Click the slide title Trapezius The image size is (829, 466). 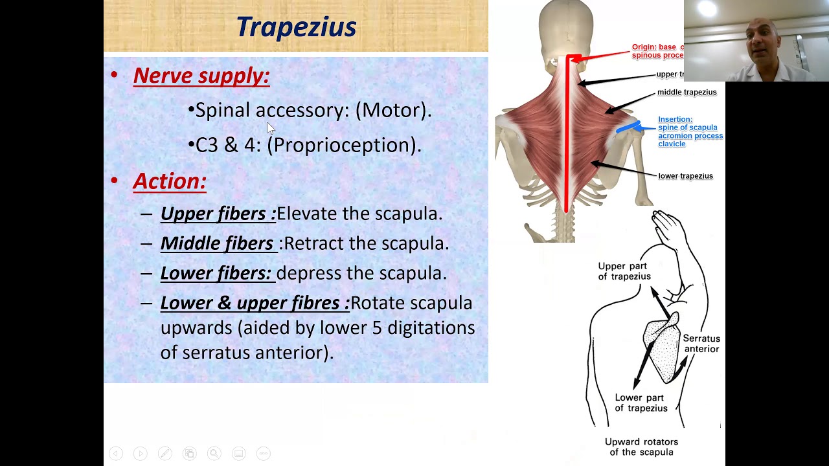(x=296, y=27)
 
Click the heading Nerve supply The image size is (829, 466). (x=201, y=76)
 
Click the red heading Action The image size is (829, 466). (x=170, y=181)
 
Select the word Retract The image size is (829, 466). (x=314, y=243)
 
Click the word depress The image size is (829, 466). (x=309, y=273)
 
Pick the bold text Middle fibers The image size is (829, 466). (x=217, y=243)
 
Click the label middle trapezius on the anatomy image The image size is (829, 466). (x=687, y=93)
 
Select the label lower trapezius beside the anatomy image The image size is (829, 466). (x=685, y=176)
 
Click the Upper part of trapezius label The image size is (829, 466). (x=624, y=271)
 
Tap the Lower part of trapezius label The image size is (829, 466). (x=641, y=403)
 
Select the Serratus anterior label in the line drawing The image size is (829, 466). (x=701, y=344)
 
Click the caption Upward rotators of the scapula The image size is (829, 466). (x=641, y=447)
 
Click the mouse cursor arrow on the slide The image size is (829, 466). (x=271, y=128)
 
